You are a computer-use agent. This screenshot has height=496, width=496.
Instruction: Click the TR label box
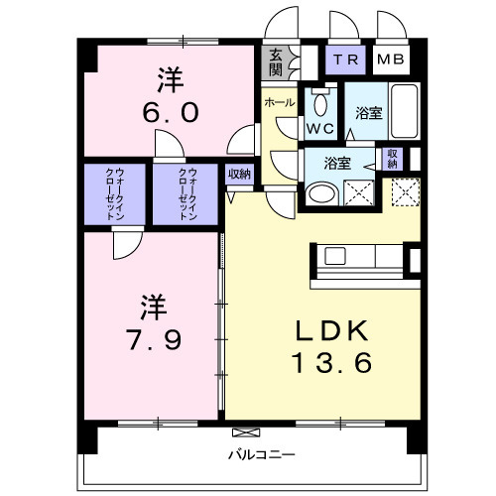point(346,60)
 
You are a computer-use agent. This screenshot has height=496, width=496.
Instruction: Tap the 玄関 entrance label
point(273,63)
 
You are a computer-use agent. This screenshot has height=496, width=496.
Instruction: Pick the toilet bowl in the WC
point(319,103)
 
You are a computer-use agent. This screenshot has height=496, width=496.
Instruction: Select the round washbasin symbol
point(319,194)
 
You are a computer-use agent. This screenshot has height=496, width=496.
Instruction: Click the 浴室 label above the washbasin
point(329,164)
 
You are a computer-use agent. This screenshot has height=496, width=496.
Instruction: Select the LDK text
point(330,330)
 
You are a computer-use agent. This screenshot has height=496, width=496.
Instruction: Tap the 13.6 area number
point(330,363)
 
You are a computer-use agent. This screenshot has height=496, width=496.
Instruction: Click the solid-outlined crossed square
point(359,192)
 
